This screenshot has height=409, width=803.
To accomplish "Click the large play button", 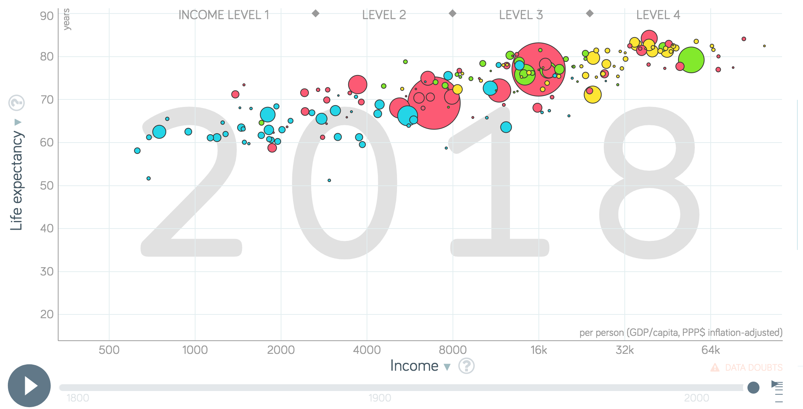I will point(29,386).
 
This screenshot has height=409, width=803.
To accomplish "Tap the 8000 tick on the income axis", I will point(453,350).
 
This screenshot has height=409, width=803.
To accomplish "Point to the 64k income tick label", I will point(710,350).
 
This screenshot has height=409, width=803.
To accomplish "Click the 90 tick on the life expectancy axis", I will point(47,16).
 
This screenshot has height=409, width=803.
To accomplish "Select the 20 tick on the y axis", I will point(47,314).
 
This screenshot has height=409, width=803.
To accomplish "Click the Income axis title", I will point(414,366).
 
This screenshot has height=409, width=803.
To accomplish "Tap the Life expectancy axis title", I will point(17,180).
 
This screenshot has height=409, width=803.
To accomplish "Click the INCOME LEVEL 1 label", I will point(224,15).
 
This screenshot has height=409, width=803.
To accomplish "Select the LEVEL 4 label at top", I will point(658,15).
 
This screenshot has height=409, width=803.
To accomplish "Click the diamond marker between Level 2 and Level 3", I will point(453,14).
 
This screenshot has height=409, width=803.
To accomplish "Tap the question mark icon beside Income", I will point(466,366).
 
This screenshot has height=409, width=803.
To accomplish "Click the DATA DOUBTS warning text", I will point(753,367).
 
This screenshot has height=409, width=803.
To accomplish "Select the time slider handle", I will point(753,387).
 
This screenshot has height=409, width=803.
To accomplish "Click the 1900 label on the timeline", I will point(380,398).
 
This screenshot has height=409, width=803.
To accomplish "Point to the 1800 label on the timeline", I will point(78,398).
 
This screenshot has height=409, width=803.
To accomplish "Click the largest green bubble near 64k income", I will point(691,60).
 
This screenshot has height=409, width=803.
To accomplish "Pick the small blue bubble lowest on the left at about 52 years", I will point(149,178).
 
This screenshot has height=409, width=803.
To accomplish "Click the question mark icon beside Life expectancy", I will point(17,102).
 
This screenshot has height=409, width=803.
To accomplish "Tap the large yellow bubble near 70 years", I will point(592,95).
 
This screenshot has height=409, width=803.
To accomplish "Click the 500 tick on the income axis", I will point(109,350).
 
